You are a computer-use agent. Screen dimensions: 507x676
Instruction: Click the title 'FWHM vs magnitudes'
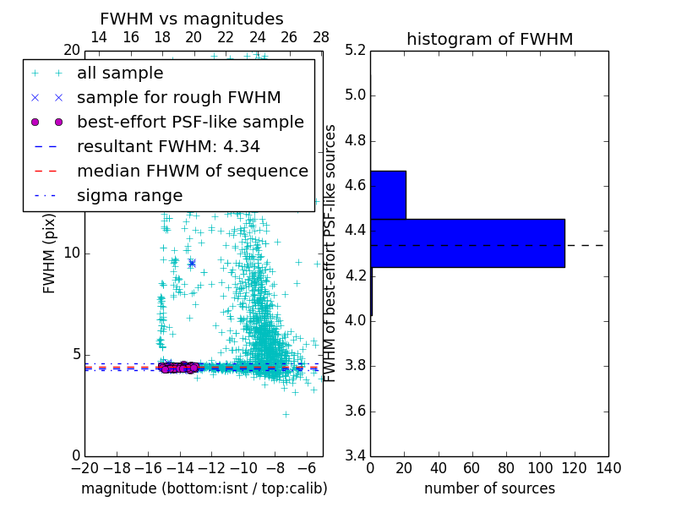point(192,19)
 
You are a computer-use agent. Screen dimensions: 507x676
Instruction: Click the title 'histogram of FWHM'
point(489,39)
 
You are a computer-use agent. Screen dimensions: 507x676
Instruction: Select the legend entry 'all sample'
point(120,74)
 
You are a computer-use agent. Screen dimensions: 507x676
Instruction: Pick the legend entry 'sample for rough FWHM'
point(178,98)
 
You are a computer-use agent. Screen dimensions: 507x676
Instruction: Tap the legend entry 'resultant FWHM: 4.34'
point(168,146)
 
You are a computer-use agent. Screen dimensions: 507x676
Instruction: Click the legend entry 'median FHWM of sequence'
point(192,171)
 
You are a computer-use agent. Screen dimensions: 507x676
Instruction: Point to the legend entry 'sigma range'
point(129,195)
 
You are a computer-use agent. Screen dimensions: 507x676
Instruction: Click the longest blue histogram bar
point(467,243)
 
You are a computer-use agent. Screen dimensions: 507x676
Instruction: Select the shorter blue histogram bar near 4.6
point(388,195)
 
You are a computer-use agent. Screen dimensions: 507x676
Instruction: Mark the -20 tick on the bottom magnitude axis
point(84,468)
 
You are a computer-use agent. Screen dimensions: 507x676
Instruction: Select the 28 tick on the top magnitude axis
point(321,37)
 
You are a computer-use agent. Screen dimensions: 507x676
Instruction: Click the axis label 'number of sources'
point(489,488)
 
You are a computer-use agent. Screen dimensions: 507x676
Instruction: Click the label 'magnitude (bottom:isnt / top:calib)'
point(204,488)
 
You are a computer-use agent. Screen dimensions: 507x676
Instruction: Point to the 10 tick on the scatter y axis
point(72,253)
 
